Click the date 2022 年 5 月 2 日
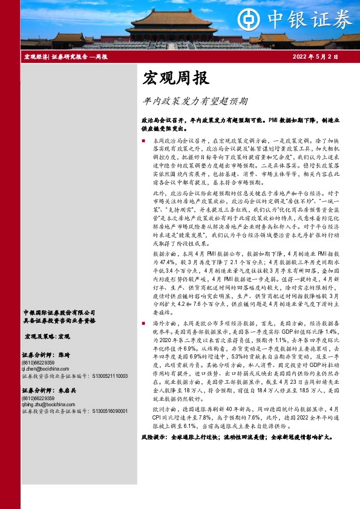[315, 57]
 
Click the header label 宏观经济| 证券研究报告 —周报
[65, 57]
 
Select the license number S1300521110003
[110, 375]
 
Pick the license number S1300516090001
[110, 411]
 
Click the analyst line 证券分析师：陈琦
[46, 355]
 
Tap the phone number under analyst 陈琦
[37, 361]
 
